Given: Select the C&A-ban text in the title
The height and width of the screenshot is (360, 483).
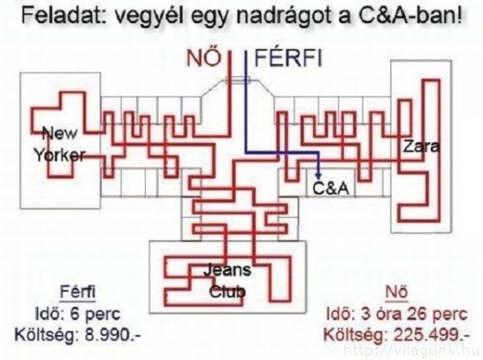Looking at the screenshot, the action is coord(410,15).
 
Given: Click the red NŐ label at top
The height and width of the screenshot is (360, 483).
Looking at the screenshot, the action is coord(203,58).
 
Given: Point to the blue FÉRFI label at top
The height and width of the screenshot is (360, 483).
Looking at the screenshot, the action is coord(288,58).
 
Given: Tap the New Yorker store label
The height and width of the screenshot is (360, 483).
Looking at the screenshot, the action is coord(59,144).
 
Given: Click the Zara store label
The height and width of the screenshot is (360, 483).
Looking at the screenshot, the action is coord(421,147).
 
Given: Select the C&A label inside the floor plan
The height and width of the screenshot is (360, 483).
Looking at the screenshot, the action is coord(331,189).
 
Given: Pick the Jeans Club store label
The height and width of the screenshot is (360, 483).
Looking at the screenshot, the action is coord(227,281).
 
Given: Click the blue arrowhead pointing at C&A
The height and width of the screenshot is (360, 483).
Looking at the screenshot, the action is coord(318,175).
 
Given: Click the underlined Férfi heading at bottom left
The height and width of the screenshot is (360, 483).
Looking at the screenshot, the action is coord(77,291).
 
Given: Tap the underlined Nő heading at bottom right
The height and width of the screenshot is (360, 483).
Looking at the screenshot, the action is coord(396,291).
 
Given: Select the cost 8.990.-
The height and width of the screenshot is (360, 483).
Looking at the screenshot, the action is coord(112,335).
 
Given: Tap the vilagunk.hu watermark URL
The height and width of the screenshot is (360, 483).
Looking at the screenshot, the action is coord(412,351).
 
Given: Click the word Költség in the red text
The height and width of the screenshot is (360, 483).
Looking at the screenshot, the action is coord(356,335).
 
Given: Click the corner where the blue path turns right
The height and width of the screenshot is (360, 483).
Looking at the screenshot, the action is coord(246,152).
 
